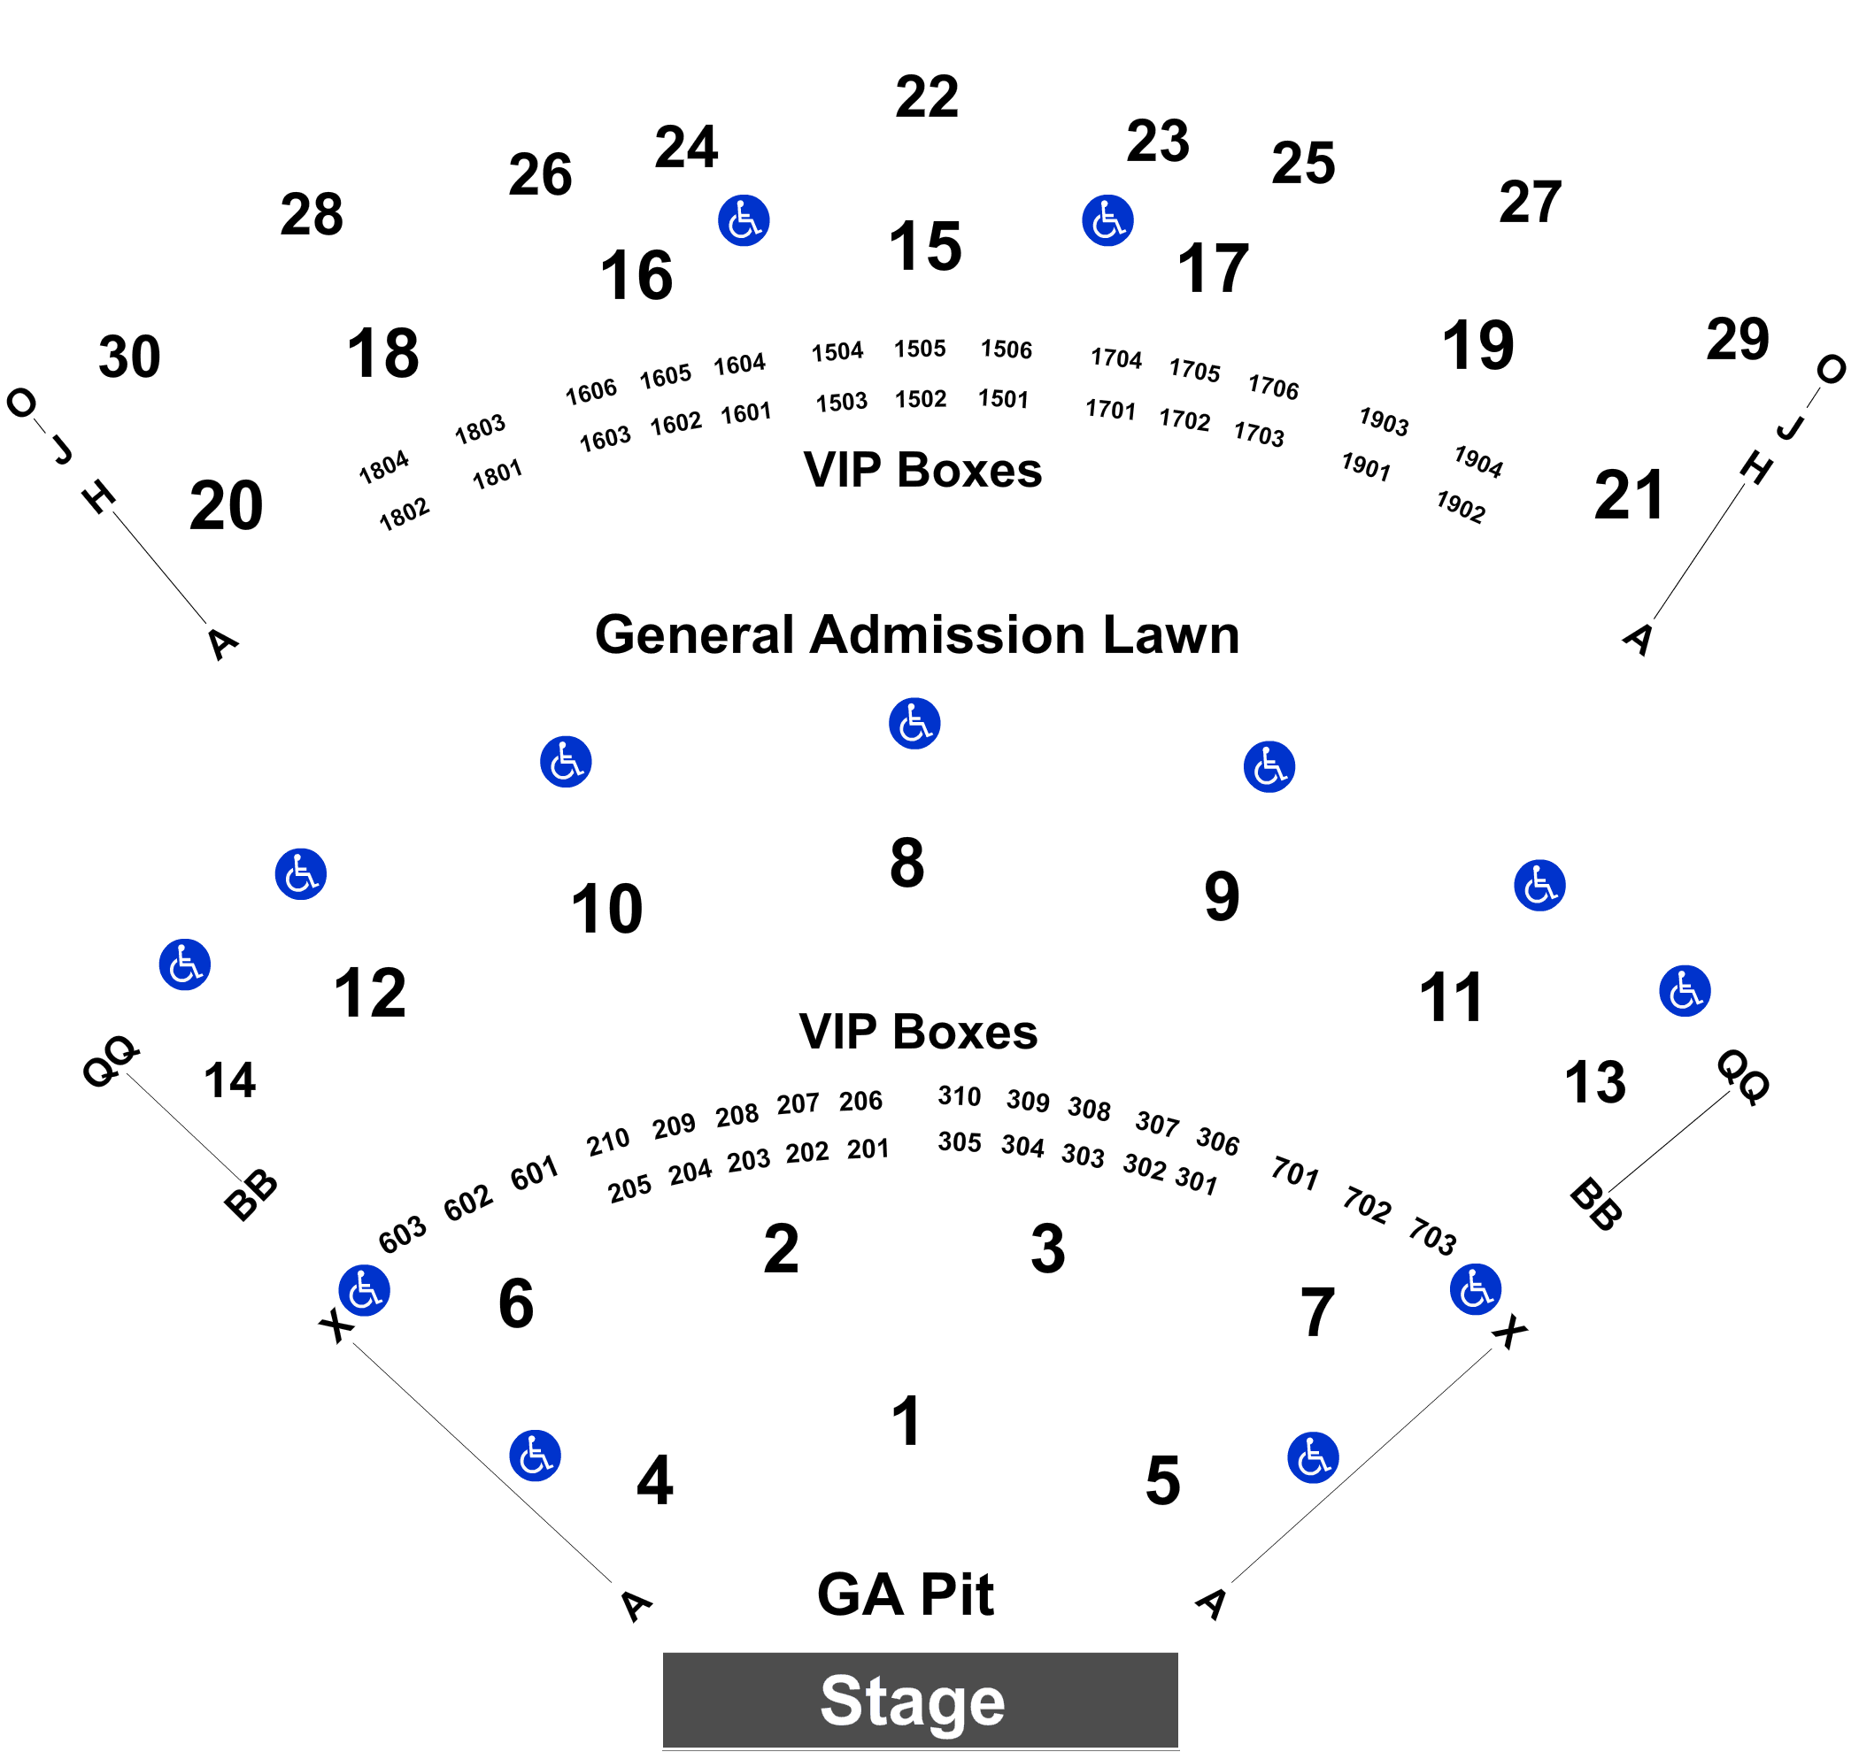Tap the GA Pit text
(x=906, y=1594)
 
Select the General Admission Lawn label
(x=917, y=635)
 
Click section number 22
(x=927, y=96)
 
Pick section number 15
(x=925, y=247)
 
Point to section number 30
(x=129, y=357)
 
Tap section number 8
(x=907, y=862)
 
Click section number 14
(x=230, y=1080)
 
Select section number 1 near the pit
(x=907, y=1422)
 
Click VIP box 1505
(x=920, y=349)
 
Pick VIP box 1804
(x=383, y=466)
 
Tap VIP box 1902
(x=1461, y=507)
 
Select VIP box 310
(x=960, y=1095)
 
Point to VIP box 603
(x=402, y=1235)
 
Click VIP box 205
(x=629, y=1189)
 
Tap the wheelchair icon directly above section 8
(x=914, y=724)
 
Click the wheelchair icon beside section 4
(x=535, y=1456)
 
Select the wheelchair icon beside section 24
(x=744, y=220)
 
